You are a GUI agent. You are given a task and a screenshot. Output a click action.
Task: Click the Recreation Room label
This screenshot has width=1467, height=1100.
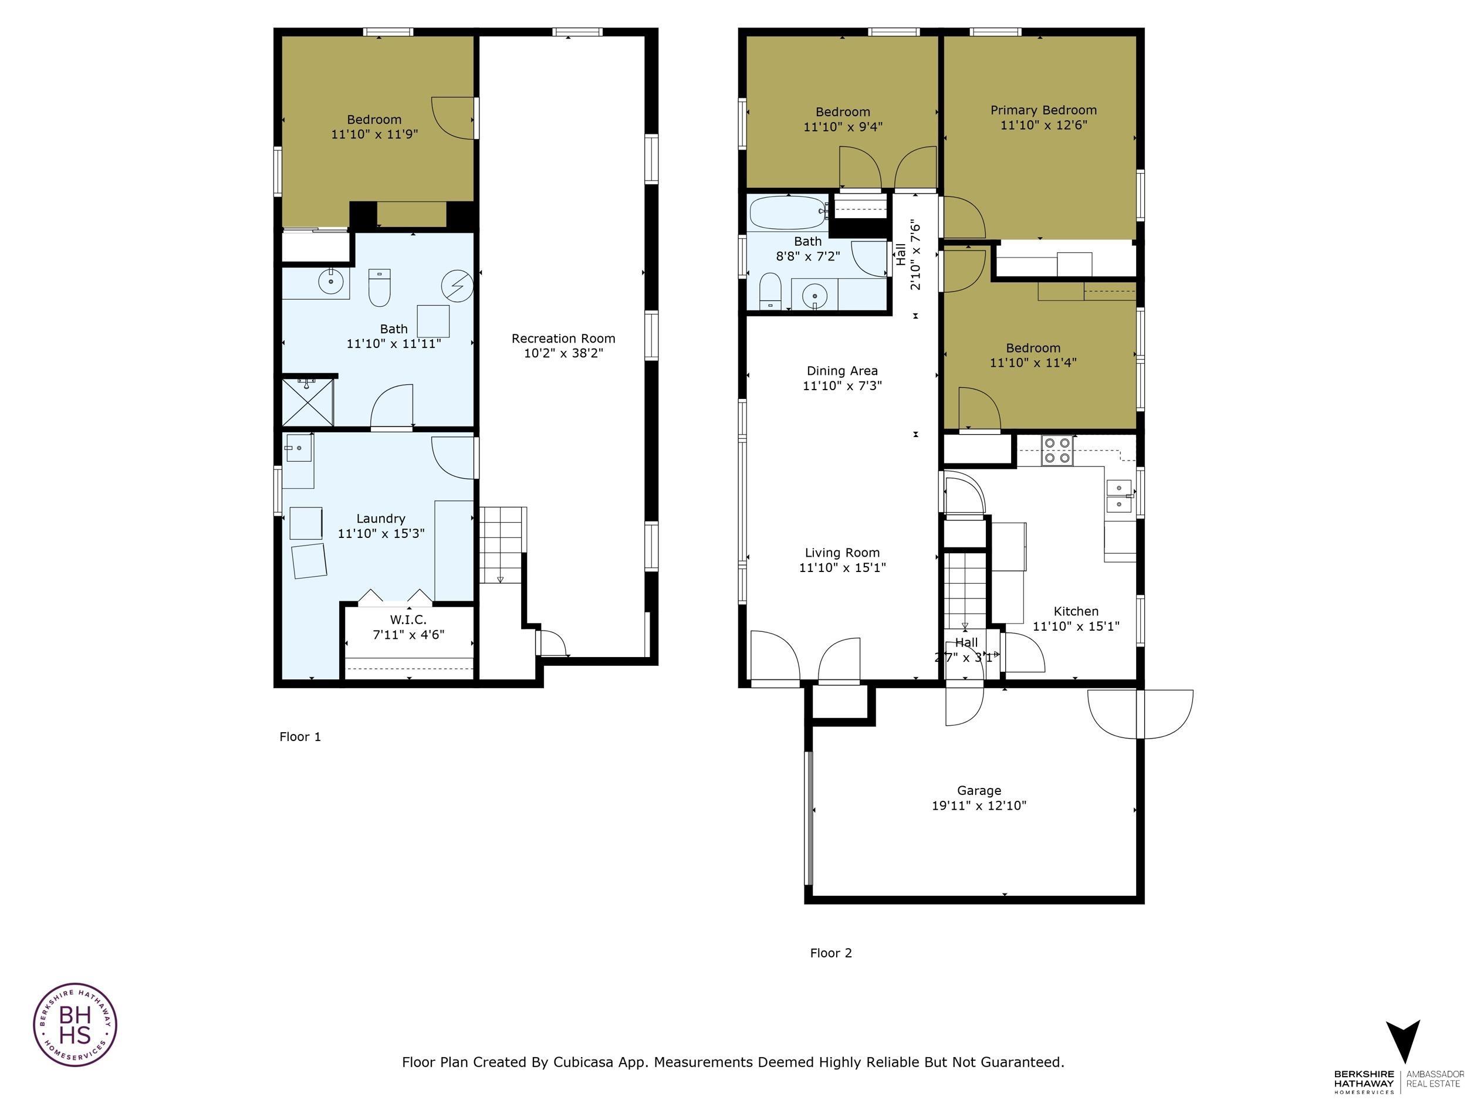[x=563, y=338]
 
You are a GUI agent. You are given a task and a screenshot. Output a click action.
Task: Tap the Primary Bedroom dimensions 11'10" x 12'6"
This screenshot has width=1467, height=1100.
[x=1043, y=124]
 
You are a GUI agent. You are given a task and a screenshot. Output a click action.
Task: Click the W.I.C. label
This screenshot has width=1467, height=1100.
[x=408, y=620]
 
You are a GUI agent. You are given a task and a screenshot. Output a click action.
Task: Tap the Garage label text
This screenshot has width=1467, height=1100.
[x=979, y=790]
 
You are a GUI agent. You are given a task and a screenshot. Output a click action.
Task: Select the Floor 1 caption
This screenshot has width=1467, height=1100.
[x=300, y=737]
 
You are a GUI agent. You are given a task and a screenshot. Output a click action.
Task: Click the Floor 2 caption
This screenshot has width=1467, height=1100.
[x=830, y=953]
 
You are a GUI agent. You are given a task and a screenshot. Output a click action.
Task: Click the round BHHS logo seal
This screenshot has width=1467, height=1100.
[x=75, y=1024]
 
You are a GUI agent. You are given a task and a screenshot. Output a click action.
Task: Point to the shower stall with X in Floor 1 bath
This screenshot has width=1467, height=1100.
[x=307, y=402]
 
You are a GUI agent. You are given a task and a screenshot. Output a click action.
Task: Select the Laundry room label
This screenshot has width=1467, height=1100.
[x=380, y=519]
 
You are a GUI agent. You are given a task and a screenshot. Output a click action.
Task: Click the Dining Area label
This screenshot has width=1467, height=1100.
[x=841, y=371]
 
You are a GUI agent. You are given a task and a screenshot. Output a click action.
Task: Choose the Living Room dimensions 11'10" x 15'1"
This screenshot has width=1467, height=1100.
[x=841, y=567]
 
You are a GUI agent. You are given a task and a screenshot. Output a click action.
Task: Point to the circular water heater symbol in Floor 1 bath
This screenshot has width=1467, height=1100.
[x=458, y=286]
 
